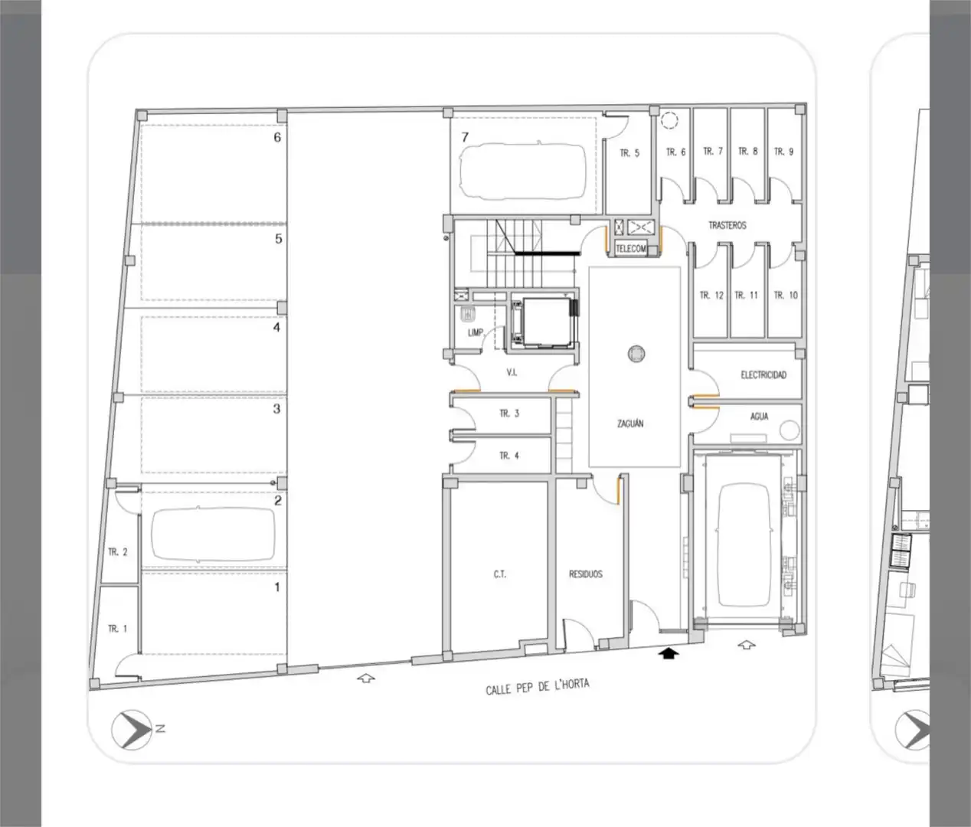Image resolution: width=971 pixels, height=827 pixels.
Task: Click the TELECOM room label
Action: (x=630, y=249)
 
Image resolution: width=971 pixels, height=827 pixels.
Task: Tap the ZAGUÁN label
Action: (x=630, y=423)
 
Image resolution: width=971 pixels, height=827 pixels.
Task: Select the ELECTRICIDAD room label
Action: (x=763, y=374)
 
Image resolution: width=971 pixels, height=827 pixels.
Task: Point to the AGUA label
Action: (x=759, y=416)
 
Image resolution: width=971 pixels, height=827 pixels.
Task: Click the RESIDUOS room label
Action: (x=585, y=574)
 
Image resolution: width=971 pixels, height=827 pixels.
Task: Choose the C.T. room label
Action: (x=500, y=574)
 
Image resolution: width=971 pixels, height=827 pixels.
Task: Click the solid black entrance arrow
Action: (x=669, y=653)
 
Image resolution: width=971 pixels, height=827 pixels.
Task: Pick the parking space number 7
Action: (x=465, y=137)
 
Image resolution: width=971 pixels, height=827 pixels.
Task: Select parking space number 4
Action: (x=276, y=327)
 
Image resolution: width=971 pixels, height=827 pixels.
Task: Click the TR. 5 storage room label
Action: (x=629, y=153)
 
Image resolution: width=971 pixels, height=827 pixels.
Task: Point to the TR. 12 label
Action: (x=711, y=295)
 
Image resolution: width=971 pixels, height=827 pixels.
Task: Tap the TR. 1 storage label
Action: (x=117, y=628)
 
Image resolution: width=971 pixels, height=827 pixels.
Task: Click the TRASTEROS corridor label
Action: (x=727, y=226)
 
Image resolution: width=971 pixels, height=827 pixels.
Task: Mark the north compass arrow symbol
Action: (x=132, y=729)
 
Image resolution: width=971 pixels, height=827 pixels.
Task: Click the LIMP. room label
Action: (x=476, y=332)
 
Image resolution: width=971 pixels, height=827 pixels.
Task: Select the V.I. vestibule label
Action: (x=512, y=373)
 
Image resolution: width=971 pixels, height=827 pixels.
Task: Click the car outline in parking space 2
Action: (x=214, y=534)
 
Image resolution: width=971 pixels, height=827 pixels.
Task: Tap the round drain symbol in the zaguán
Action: (x=636, y=353)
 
